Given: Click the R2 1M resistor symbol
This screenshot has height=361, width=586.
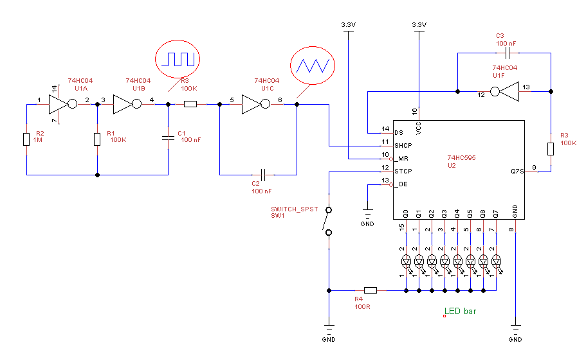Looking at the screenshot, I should (x=26, y=139).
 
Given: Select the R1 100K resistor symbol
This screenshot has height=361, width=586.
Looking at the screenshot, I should (x=97, y=139).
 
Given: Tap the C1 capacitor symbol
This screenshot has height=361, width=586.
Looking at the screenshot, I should (x=168, y=139).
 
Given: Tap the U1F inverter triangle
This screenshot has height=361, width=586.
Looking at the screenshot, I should (x=506, y=91).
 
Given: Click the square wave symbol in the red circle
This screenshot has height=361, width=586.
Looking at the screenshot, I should (x=178, y=60).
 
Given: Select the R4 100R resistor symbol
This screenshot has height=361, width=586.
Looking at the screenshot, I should (x=371, y=290).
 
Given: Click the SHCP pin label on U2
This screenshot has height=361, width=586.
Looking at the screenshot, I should (x=403, y=145).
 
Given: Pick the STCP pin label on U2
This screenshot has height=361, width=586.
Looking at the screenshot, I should (x=403, y=172).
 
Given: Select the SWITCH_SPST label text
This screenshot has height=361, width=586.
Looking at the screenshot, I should (x=294, y=209).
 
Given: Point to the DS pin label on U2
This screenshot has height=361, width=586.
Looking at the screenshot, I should (x=399, y=132).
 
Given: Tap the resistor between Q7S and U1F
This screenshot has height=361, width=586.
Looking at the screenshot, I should (x=551, y=149).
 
